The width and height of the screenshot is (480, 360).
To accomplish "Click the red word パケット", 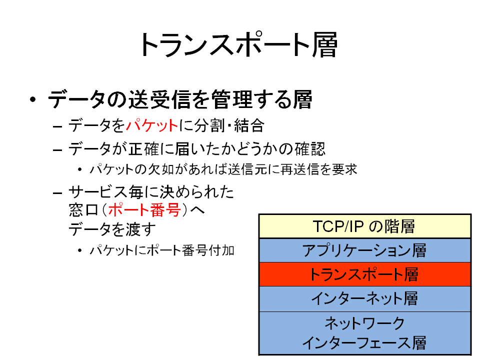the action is click(x=152, y=126).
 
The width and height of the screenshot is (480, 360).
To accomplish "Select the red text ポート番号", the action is click(x=144, y=210).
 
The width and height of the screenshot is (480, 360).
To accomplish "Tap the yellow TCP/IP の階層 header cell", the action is click(x=364, y=226).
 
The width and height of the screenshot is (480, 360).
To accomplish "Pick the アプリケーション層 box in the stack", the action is click(x=364, y=250).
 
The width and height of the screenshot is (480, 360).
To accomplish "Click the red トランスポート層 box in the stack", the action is click(x=364, y=274).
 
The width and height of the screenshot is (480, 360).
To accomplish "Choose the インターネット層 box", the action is click(x=364, y=299).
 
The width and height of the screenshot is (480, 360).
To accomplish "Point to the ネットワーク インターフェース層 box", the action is click(x=364, y=333).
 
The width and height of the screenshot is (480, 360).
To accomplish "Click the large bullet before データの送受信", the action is click(x=33, y=99).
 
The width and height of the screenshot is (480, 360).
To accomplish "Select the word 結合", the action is click(x=249, y=126).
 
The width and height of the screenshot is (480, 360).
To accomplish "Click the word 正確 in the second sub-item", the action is click(x=143, y=149).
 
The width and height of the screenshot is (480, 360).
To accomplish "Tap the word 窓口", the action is click(x=83, y=210).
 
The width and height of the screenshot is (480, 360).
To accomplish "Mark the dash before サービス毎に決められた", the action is click(x=57, y=193).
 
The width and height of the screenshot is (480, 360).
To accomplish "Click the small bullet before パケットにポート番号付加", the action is click(x=79, y=250).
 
